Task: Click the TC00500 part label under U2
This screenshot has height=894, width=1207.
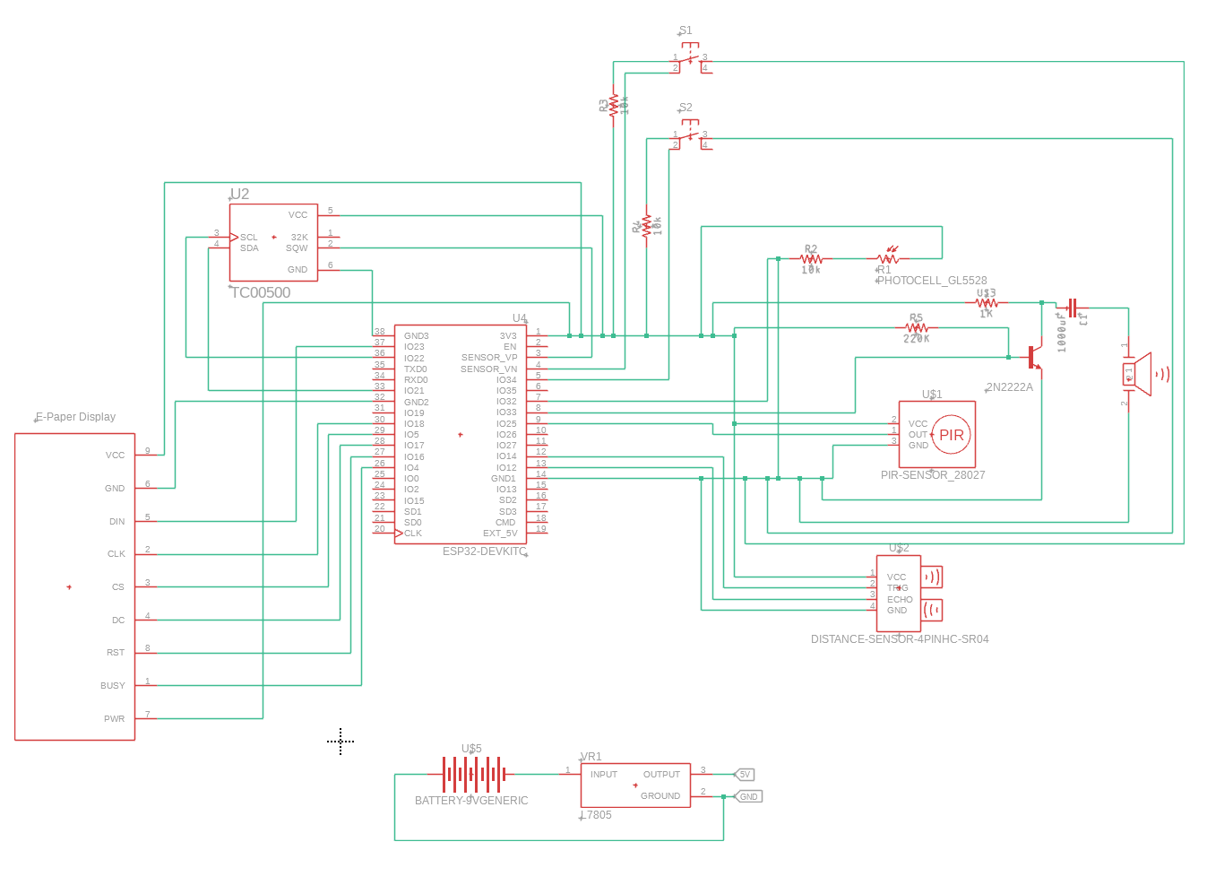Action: coord(261,292)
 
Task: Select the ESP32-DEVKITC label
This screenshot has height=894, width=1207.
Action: coord(484,551)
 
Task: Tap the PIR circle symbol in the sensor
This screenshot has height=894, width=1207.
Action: coord(951,435)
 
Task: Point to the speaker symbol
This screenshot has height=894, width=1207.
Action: coord(1147,375)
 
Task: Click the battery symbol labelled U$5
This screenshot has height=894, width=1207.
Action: coord(472,774)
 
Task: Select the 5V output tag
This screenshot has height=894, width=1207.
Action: coord(745,775)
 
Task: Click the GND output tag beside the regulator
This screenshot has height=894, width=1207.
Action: coord(749,796)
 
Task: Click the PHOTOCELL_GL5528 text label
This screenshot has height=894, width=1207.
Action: coord(932,281)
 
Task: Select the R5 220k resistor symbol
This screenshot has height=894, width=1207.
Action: coord(916,328)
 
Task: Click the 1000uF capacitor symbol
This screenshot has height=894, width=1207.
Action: coord(1072,308)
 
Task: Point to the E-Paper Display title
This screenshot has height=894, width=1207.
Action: coord(75,417)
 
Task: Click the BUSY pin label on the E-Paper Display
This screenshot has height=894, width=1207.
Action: coord(113,686)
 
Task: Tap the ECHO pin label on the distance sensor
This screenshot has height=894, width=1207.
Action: coord(900,600)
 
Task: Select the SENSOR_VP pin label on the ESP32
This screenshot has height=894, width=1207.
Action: coord(489,358)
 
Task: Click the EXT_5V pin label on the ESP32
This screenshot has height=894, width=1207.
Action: coord(500,534)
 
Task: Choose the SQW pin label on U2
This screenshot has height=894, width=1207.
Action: coord(297,248)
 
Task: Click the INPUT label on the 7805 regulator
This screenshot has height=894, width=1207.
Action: coord(604,775)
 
